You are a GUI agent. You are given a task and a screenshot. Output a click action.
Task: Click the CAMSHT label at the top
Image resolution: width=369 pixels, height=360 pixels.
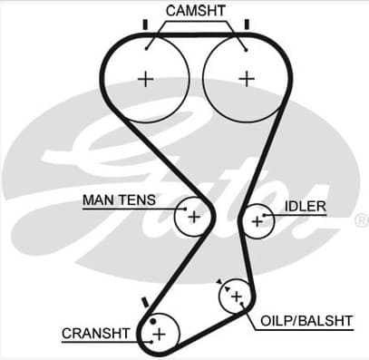click(196, 11)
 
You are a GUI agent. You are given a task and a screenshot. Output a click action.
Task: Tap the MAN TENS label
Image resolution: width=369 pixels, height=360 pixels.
click(120, 199)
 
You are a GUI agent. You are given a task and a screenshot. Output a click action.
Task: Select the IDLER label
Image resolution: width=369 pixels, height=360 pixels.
click(306, 207)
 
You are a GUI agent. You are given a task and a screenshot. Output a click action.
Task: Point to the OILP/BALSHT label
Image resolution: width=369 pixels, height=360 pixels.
click(306, 321)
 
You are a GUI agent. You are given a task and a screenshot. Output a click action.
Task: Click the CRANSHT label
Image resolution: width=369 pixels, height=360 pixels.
click(96, 334)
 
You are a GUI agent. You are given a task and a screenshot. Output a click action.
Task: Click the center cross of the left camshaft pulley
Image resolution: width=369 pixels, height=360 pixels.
click(146, 80)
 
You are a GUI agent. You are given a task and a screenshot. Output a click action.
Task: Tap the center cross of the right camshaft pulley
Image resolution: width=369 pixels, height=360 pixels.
click(247, 79)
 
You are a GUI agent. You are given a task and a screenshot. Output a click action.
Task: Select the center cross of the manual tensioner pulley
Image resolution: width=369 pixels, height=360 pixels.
click(194, 217)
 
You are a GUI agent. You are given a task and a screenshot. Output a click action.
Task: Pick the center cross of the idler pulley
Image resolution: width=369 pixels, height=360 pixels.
click(257, 222)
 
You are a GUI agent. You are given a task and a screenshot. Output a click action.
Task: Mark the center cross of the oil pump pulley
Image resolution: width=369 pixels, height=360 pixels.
click(237, 297)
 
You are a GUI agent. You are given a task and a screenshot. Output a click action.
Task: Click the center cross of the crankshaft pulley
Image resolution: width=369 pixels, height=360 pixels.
click(159, 335)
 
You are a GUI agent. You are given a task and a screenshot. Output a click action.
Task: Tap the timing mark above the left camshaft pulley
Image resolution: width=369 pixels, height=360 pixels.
click(145, 24)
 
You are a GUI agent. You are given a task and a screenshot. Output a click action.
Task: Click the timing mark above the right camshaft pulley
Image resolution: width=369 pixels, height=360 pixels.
click(247, 24)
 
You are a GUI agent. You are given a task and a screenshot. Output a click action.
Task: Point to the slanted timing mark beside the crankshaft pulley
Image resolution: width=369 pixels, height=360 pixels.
click(145, 302)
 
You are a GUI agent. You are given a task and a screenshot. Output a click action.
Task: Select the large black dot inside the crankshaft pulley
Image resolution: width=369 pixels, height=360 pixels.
click(153, 321)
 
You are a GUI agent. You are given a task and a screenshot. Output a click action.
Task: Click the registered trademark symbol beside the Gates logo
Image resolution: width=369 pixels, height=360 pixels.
click(362, 220)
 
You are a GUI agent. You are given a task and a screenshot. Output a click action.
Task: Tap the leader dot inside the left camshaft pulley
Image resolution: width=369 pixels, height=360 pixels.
click(147, 48)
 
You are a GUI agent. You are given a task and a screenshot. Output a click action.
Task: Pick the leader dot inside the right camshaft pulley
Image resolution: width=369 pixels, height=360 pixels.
click(247, 50)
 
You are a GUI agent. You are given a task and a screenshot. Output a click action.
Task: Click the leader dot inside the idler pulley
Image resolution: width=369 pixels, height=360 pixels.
click(264, 215)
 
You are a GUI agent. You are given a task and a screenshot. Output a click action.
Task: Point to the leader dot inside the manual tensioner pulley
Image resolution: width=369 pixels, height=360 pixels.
click(185, 209)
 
